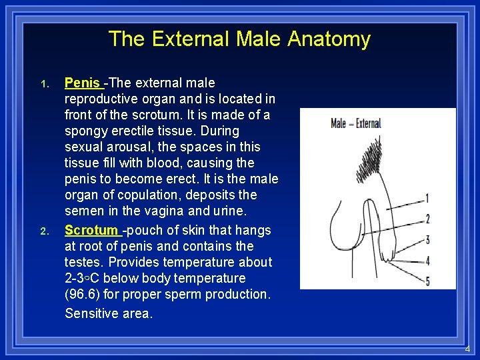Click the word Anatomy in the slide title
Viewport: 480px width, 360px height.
click(x=329, y=39)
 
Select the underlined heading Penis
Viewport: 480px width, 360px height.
click(x=82, y=83)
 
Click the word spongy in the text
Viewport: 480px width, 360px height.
click(x=86, y=131)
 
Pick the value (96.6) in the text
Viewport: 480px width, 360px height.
click(x=84, y=295)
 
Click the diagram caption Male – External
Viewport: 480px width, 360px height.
click(x=356, y=123)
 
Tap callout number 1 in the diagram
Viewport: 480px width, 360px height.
click(x=427, y=199)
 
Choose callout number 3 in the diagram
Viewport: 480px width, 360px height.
click(x=427, y=239)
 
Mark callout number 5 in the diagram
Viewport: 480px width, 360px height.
click(x=427, y=281)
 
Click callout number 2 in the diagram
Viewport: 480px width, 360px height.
click(x=427, y=219)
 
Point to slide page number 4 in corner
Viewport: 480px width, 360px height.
click(x=467, y=349)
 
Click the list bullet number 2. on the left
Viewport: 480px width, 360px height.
click(x=44, y=232)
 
